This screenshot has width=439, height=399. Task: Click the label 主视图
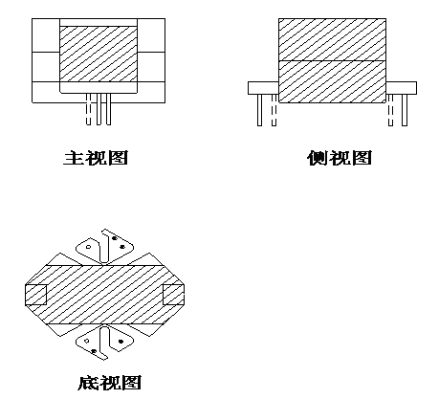[96, 158]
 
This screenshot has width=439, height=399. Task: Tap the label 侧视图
[340, 158]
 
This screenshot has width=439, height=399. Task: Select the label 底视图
[109, 383]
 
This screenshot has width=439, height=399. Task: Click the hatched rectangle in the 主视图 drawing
[99, 54]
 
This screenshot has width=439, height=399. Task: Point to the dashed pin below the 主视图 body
[89, 109]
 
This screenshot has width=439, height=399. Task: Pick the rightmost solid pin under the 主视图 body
[109, 109]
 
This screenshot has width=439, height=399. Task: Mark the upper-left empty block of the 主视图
[46, 35]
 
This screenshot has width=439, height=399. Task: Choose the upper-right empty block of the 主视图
[151, 35]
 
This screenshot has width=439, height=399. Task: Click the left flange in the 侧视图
[263, 88]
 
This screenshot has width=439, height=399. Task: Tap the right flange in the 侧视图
[401, 88]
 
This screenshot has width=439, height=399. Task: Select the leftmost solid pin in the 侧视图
[260, 110]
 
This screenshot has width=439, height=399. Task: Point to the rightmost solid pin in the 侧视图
[405, 110]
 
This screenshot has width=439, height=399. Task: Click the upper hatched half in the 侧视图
[332, 39]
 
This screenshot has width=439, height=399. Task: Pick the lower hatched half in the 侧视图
[332, 81]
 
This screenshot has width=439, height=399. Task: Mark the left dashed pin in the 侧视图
[274, 110]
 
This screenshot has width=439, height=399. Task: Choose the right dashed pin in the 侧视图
[390, 110]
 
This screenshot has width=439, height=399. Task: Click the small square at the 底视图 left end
[35, 295]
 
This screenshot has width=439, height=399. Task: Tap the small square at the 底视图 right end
[173, 295]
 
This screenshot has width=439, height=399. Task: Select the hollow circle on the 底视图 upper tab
[88, 247]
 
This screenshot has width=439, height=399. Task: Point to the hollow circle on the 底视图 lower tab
[86, 341]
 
